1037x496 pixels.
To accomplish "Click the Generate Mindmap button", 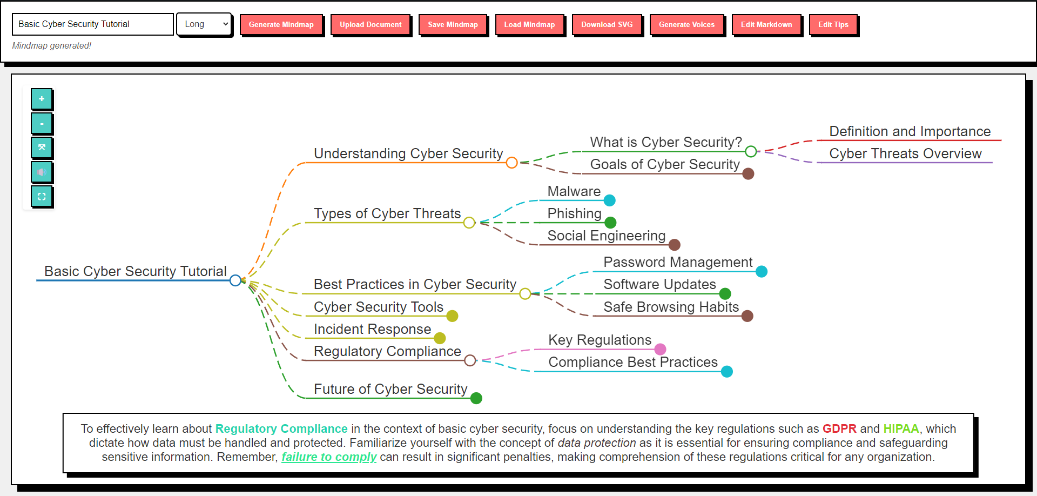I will pos(281,25).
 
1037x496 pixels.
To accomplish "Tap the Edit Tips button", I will pos(833,25).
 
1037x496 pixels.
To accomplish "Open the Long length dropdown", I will pos(204,24).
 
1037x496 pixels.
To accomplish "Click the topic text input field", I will pos(92,24).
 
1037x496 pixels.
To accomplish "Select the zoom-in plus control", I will pos(42,99).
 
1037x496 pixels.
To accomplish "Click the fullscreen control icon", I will pos(42,197).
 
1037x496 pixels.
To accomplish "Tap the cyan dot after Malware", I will pos(610,200).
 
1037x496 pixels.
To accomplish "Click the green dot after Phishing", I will pos(610,223).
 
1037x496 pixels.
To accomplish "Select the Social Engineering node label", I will pos(606,236).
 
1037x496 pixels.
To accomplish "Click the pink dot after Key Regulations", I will pos(660,350).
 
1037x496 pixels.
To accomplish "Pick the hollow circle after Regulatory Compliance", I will pos(470,360).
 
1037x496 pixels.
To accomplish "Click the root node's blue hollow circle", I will pos(235,280).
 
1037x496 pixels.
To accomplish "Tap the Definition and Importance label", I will pos(910,132).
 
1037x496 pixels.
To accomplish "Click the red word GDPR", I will pos(839,429).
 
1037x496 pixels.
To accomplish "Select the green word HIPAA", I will pos(901,429).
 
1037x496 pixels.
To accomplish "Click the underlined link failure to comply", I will pos(329,457).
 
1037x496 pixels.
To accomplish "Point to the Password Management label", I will pos(678,263).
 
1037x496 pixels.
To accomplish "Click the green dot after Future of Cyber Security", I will pos(476,398).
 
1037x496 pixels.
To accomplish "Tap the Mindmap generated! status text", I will pos(52,46).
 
